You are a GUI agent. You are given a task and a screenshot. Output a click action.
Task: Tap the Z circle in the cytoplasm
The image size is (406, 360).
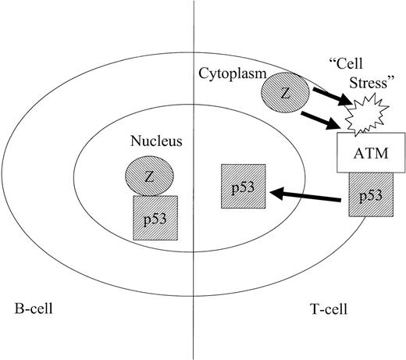point(285,93)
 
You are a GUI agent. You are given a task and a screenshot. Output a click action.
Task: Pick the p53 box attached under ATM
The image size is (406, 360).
point(369,197)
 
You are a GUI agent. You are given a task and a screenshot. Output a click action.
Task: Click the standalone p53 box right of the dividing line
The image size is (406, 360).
point(242,188)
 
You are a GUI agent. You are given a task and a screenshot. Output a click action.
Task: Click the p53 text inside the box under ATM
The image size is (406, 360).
point(369,197)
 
